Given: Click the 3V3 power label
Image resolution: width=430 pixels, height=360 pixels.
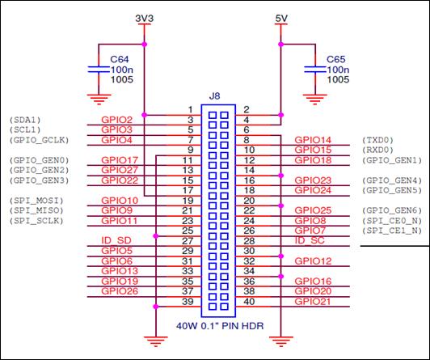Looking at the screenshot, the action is [x=144, y=19].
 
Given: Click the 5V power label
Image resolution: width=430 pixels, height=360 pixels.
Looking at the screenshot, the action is [x=281, y=19].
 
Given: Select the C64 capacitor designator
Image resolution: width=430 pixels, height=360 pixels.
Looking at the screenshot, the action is [x=120, y=59].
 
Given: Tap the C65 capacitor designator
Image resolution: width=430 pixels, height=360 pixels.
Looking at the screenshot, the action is [x=336, y=59].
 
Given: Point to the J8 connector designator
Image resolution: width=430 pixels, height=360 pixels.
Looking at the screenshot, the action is [x=214, y=96].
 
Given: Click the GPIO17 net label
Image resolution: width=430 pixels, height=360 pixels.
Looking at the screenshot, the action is [x=120, y=160].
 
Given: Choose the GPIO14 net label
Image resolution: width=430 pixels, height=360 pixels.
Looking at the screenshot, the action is [x=313, y=140].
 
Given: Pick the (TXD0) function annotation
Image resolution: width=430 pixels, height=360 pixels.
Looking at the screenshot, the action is [x=378, y=140].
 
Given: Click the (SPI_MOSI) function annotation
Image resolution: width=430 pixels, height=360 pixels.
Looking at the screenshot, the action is [x=36, y=201].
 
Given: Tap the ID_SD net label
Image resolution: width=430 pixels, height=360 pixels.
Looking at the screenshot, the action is [x=116, y=240].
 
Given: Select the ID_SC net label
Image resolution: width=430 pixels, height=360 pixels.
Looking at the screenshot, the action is [x=310, y=240].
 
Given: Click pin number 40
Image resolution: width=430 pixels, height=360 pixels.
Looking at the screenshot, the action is [x=249, y=301].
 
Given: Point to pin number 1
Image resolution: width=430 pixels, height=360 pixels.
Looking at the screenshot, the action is [x=190, y=110].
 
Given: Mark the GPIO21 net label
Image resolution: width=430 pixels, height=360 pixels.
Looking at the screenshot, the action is [x=313, y=301].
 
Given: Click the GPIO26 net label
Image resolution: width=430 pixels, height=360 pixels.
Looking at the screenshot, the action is [x=120, y=291].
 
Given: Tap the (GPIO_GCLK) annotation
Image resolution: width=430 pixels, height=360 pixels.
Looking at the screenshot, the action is [x=40, y=140].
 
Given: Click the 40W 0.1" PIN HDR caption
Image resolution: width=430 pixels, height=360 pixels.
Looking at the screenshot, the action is [x=220, y=326].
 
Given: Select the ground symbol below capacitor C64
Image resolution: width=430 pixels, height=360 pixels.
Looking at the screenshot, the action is [x=99, y=100].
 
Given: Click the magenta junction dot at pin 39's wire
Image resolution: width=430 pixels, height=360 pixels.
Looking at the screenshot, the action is [x=156, y=307].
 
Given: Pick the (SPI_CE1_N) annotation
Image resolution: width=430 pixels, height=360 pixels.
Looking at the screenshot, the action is [x=392, y=231].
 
